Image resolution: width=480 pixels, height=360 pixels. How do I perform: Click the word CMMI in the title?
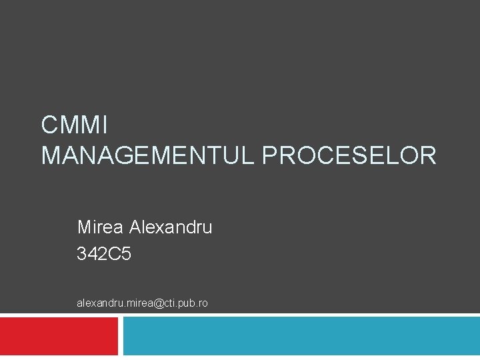[x=74, y=125]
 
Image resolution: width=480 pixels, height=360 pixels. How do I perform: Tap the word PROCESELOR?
[x=349, y=156]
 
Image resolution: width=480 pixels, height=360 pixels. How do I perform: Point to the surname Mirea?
[x=100, y=227]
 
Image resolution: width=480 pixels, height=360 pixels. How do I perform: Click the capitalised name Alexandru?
[x=171, y=227]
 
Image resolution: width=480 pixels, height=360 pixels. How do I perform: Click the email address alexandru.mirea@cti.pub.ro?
[x=142, y=303]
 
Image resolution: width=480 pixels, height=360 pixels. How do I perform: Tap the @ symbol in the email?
[x=157, y=303]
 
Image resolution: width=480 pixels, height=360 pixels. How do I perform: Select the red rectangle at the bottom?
[x=59, y=336]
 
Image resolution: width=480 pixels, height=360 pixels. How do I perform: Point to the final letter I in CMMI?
[x=104, y=125]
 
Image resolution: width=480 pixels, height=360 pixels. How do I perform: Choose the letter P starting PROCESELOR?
[x=271, y=156]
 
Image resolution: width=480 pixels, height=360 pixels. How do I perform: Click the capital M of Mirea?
[x=84, y=227]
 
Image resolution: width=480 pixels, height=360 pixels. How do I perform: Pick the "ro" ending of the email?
[x=203, y=303]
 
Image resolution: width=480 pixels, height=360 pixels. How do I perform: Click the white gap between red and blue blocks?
[x=121, y=336]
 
